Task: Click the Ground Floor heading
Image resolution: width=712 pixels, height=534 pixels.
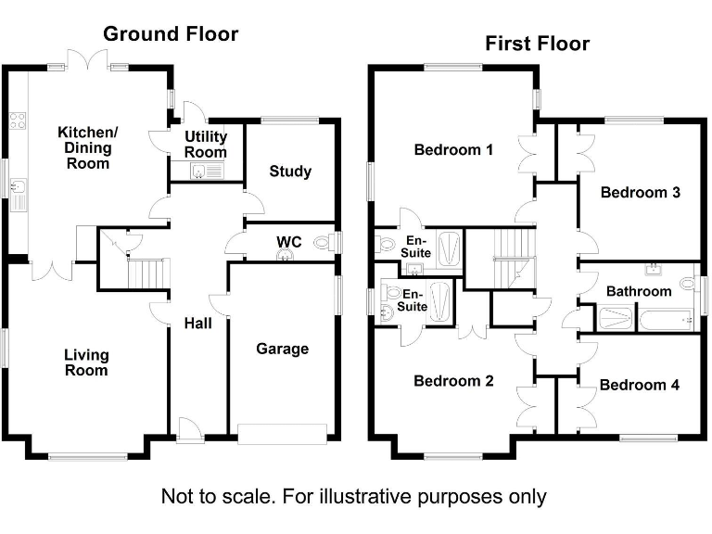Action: [x=171, y=34]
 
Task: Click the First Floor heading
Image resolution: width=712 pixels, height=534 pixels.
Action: [x=537, y=44]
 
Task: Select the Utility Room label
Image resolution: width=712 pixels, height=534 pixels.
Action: [x=206, y=145]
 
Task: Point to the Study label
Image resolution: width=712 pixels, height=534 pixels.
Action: [x=290, y=172]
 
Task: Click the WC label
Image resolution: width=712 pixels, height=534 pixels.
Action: [x=289, y=242]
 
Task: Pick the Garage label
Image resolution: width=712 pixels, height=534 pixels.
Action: [x=282, y=349]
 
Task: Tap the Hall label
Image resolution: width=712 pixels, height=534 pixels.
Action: [x=197, y=324]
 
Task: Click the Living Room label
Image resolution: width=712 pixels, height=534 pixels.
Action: [x=86, y=362]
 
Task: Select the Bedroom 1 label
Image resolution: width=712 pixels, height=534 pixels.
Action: [x=453, y=149]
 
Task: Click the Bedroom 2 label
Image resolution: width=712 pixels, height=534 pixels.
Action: [x=453, y=381]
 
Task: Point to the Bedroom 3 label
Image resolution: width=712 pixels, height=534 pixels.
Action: [x=641, y=193]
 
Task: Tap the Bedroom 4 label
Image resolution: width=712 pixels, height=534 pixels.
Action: [x=633, y=385]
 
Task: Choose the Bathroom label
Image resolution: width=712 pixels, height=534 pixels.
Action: [x=639, y=291]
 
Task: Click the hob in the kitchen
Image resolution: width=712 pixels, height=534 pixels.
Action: [x=16, y=119]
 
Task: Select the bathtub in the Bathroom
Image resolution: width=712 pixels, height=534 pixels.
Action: [x=665, y=319]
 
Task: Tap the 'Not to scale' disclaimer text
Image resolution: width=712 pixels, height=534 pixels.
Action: [x=354, y=496]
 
